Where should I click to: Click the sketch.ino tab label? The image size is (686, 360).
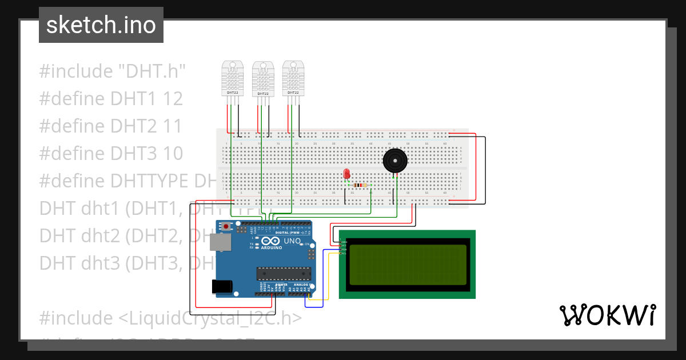tap(101, 25)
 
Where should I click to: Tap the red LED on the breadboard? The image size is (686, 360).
tap(346, 174)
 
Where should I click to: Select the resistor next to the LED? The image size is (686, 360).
tap(359, 185)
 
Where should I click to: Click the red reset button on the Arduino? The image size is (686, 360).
tap(227, 227)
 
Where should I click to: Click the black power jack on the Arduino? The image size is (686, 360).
tap(222, 286)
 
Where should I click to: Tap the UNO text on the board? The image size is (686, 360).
tap(292, 241)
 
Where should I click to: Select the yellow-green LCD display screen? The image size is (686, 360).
tap(407, 264)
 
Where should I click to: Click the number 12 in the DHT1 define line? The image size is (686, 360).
tap(172, 99)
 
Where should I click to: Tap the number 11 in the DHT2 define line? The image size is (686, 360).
tap(172, 126)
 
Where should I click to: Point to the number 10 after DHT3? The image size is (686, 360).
tap(172, 154)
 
